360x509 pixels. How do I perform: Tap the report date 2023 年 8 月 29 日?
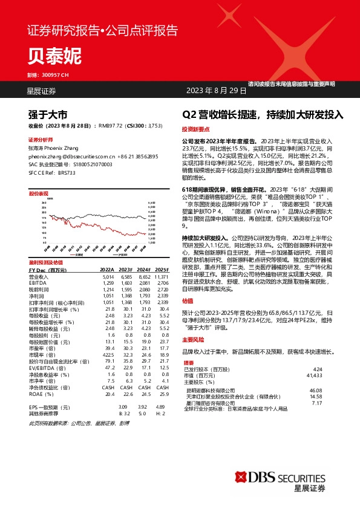click(217, 91)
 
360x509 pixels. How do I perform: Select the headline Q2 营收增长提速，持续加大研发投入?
click(263, 114)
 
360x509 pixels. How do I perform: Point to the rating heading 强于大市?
click(47, 114)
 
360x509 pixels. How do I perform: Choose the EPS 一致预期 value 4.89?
click(160, 389)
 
